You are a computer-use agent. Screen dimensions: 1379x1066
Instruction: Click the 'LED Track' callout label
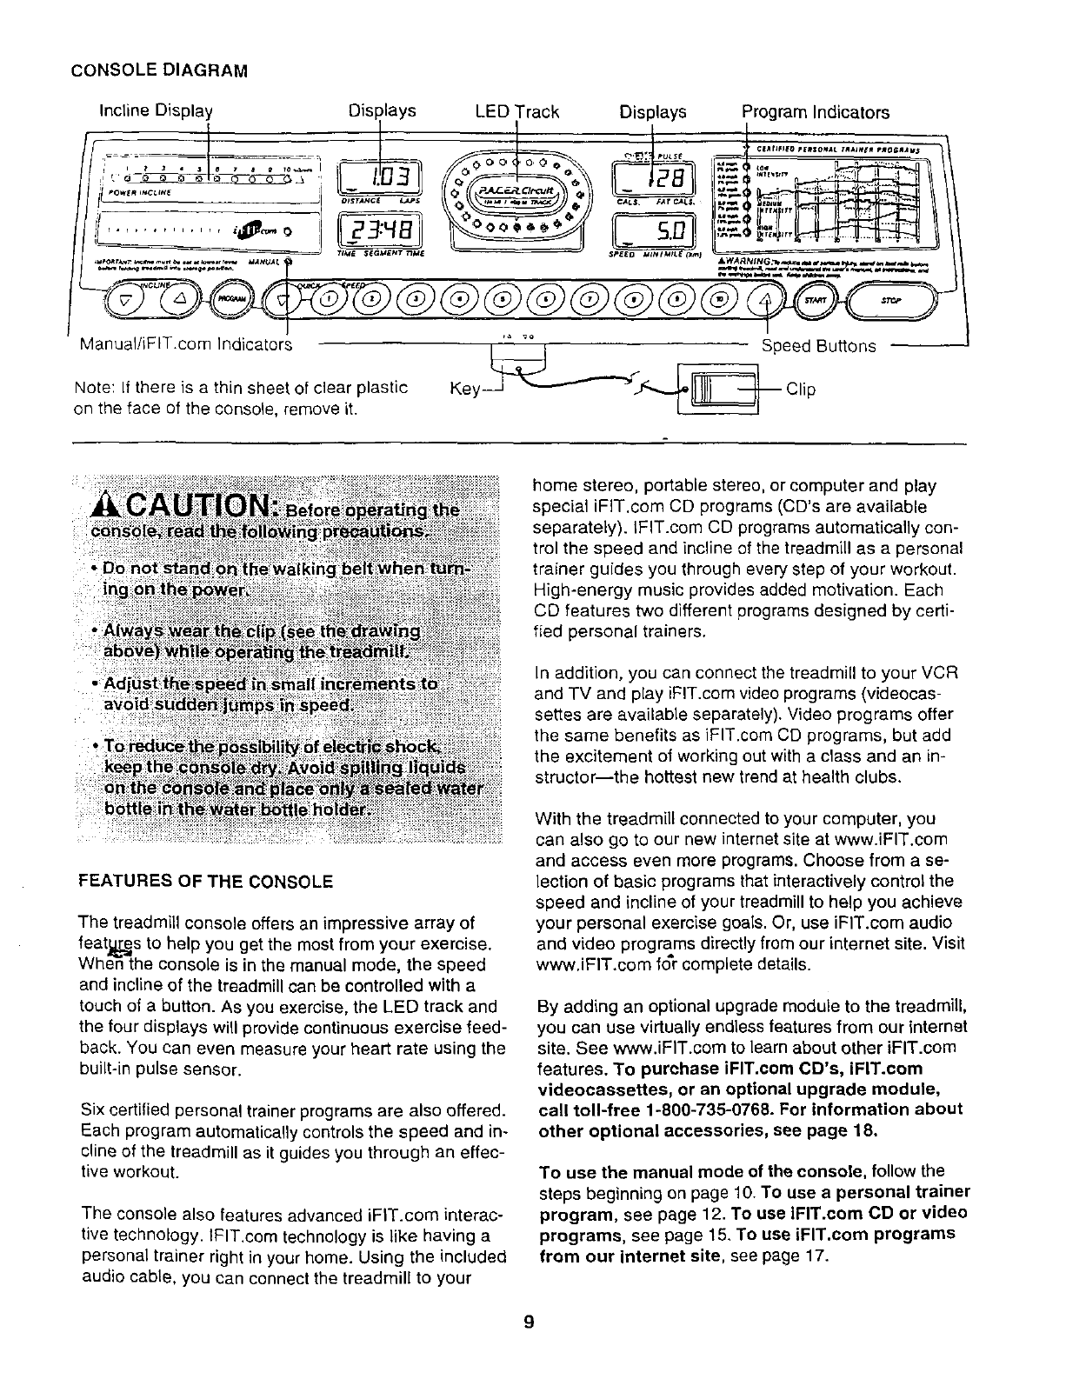click(x=517, y=112)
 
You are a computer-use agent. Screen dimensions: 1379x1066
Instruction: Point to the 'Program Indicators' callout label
click(x=816, y=112)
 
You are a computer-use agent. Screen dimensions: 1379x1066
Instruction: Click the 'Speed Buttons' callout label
click(x=819, y=346)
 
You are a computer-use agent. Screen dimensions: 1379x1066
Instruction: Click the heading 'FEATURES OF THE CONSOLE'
click(x=205, y=881)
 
